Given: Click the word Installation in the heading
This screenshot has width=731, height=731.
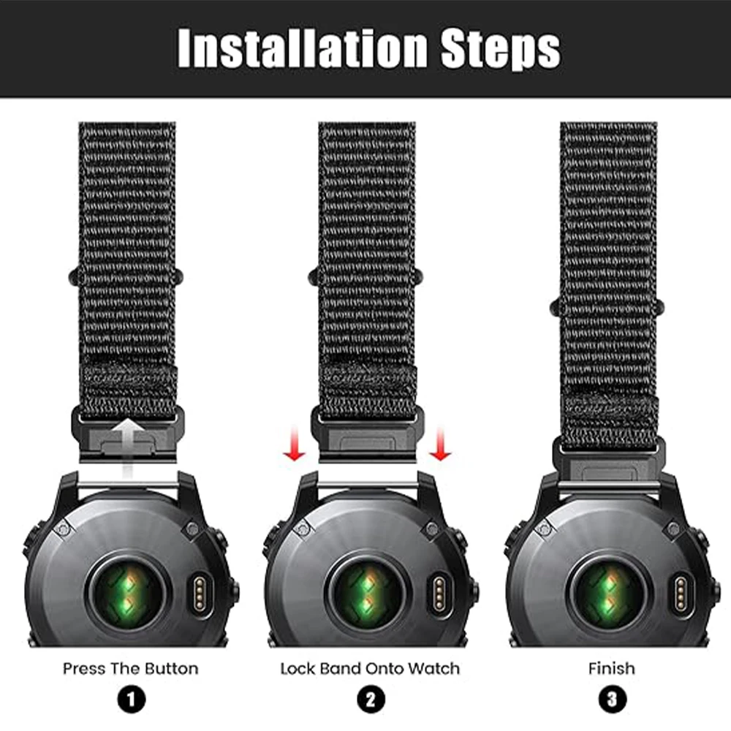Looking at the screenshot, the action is [303, 48].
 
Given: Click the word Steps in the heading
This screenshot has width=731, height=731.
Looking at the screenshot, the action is [501, 49].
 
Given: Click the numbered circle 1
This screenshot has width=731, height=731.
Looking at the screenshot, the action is [132, 700].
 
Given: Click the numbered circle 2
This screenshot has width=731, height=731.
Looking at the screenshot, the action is [371, 700].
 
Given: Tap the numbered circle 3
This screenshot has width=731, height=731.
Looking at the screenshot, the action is [612, 700].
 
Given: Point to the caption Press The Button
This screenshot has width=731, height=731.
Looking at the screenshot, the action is [131, 669].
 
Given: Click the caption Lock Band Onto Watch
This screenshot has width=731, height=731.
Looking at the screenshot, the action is [370, 669].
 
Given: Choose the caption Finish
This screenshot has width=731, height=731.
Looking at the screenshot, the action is [612, 669].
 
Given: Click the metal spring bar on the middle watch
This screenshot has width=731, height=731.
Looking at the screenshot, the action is [368, 485].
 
